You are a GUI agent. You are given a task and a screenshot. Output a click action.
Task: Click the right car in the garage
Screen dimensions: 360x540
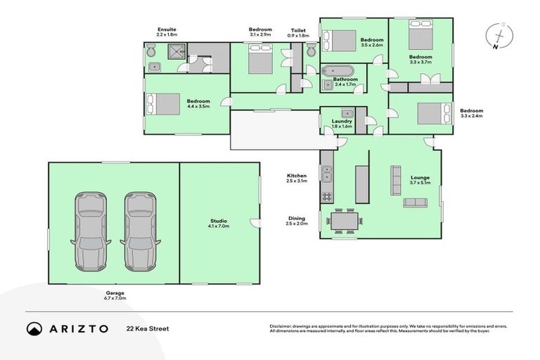coord(139,232)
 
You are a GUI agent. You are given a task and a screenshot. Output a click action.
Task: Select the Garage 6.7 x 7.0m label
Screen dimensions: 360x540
coord(115,295)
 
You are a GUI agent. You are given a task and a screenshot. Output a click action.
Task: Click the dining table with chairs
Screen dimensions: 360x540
coord(345,220)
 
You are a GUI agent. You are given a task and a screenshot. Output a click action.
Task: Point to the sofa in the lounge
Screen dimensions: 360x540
coord(415,202)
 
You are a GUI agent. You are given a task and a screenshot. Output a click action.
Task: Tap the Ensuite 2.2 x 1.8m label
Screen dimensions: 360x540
coord(167,32)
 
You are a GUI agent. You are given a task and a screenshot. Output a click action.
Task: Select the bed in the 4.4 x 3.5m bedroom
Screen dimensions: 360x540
coord(163,104)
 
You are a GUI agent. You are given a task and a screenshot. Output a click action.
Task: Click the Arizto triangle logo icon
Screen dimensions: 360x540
coord(34,328)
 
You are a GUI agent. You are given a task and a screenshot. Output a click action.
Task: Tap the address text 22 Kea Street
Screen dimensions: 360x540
coord(148,328)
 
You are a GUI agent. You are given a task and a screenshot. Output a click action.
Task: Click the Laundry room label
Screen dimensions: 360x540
coord(342,123)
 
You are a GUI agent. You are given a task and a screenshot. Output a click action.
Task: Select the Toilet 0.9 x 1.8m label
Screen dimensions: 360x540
coord(298,32)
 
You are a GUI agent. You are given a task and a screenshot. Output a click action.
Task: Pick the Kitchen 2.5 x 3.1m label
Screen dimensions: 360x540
coord(296,179)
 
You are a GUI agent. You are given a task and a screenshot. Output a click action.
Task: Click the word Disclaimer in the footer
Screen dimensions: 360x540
coord(282,326)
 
